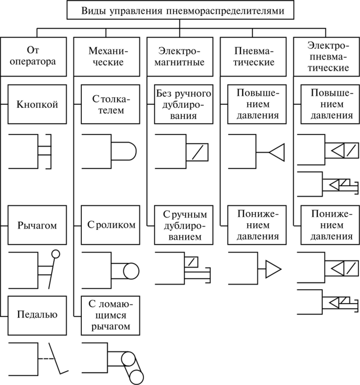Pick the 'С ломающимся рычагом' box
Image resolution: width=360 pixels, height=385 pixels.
click(111, 314)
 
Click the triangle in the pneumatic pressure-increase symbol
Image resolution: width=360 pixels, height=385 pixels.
click(278, 152)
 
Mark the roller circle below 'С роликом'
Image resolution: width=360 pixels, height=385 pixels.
click(130, 270)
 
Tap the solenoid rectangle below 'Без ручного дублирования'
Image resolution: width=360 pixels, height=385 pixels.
click(196, 152)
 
